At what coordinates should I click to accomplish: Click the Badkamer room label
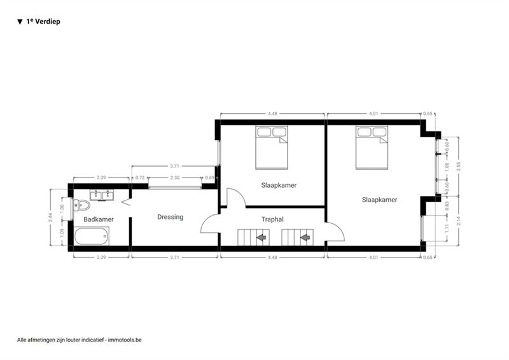point(99,219)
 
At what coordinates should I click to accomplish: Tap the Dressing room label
point(170,217)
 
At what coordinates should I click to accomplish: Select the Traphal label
point(272,219)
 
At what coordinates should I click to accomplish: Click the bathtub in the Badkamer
point(91,236)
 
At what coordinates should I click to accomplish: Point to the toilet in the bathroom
point(81,205)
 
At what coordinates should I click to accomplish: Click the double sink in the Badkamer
point(102,195)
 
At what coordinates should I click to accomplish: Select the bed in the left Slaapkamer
point(272,148)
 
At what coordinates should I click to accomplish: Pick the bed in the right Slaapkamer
point(372,148)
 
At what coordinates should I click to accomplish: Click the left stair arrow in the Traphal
point(261,238)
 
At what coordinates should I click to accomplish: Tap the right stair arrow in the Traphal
point(305,238)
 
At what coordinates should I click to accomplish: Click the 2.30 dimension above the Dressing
point(174,178)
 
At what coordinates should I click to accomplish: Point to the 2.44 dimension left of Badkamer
point(50,217)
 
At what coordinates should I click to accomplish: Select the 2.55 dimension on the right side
point(458,166)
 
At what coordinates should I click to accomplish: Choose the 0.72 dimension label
point(140,178)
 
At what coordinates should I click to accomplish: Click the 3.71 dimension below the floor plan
point(174,258)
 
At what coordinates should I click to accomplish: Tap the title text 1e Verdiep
point(43,22)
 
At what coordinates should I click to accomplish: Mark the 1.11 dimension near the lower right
point(447,228)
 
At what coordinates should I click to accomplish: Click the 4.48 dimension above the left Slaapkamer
point(272,114)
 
